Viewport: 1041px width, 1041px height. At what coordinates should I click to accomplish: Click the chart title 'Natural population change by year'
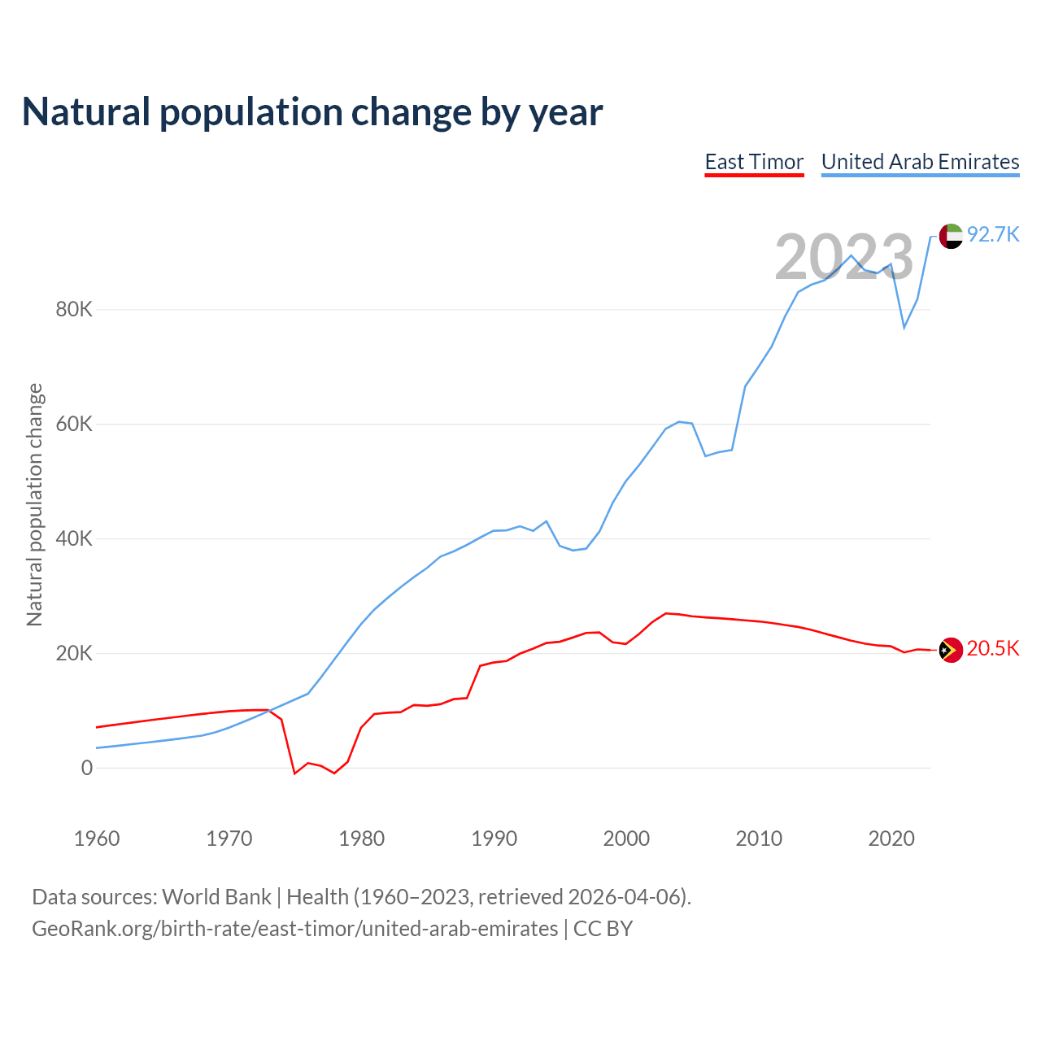coord(312,112)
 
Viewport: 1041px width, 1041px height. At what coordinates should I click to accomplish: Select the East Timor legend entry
coord(754,162)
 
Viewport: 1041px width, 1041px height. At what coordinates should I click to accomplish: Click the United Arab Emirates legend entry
coord(920,162)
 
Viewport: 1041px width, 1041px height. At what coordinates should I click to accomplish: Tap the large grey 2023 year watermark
coord(844,258)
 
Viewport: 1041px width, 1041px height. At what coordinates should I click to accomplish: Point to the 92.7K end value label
coord(993,235)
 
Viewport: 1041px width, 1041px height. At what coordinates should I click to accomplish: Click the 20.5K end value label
coord(993,648)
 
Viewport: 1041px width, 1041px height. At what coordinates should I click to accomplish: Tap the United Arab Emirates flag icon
coord(951,236)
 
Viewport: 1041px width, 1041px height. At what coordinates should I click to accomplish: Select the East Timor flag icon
coord(951,650)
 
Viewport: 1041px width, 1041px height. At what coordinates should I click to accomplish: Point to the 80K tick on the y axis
coord(74,310)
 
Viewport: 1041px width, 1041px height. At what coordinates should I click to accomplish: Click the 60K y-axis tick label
coord(74,425)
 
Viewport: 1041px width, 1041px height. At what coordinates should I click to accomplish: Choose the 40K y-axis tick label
coord(74,539)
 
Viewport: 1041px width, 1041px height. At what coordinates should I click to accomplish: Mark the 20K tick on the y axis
coord(74,654)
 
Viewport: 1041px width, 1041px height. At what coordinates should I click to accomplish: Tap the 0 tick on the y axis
coord(87,769)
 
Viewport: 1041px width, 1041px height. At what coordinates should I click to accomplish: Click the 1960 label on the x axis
coord(97,838)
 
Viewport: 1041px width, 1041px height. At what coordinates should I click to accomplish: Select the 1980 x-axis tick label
coord(362,838)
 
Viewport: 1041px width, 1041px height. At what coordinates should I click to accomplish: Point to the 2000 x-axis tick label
coord(626,838)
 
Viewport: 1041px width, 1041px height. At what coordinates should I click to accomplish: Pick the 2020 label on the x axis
coord(891,838)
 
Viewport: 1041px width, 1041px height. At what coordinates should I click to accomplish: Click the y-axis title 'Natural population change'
coord(34,505)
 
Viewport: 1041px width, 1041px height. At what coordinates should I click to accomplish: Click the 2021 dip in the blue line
coord(904,328)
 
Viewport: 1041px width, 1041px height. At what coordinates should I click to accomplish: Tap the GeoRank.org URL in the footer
coord(295,929)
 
